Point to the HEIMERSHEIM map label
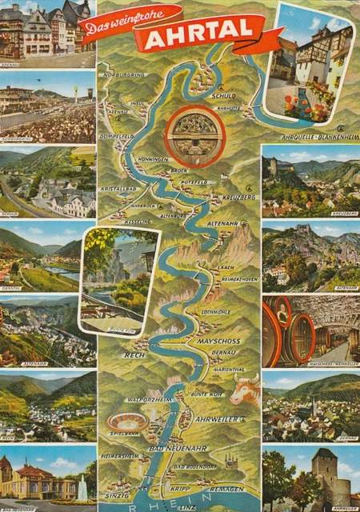[x=119, y=456]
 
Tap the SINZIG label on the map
[x=118, y=496]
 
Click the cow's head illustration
[x=244, y=391]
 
